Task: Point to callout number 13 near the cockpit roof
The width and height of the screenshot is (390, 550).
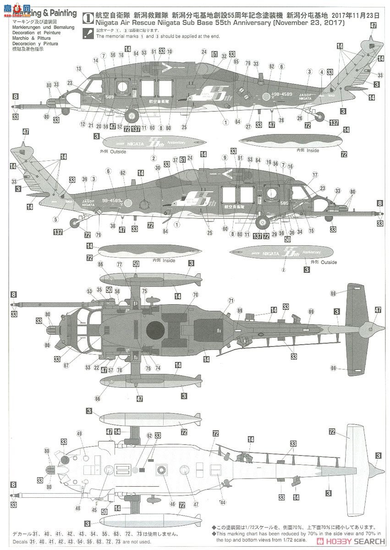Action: point(79,69)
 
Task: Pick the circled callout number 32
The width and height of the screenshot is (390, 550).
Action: point(224,56)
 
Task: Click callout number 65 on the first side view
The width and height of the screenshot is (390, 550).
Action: point(236,61)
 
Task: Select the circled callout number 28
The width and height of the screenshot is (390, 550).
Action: point(281,120)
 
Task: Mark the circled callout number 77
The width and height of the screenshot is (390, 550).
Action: point(120,264)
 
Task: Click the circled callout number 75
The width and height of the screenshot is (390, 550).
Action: point(144,291)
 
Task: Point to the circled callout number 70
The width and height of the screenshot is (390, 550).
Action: point(196,295)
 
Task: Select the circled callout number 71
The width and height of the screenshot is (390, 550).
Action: point(231,300)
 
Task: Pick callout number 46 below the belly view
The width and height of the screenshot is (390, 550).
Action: point(172,504)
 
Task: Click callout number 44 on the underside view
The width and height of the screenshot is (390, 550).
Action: point(223,502)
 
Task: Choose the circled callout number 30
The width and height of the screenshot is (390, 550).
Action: point(158,168)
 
